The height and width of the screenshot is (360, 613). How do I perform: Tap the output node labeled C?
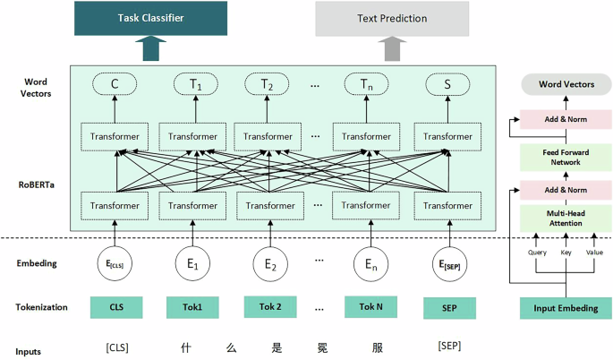pyautogui.click(x=115, y=85)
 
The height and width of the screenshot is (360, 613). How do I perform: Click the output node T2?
pyautogui.click(x=267, y=85)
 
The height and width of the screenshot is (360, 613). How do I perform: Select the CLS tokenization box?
pyautogui.click(x=115, y=307)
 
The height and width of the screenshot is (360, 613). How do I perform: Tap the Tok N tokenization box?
pyautogui.click(x=370, y=307)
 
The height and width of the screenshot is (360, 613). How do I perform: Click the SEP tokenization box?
pyautogui.click(x=447, y=307)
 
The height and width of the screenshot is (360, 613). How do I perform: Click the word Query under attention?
pyautogui.click(x=537, y=253)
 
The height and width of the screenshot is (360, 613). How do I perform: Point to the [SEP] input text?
pyautogui.click(x=447, y=346)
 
